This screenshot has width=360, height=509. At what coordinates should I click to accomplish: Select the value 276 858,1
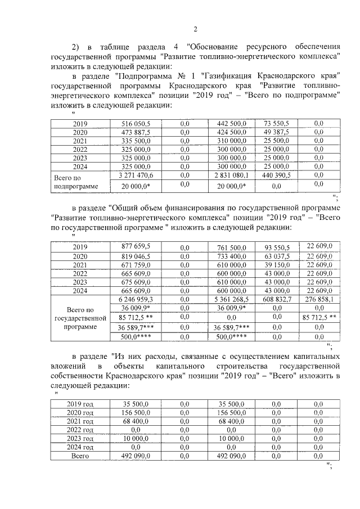tap(319, 300)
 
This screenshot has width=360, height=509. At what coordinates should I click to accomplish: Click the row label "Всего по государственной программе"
tap(79, 318)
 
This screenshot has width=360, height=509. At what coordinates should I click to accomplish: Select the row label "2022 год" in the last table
tap(80, 429)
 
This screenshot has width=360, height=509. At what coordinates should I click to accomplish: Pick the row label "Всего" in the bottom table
tap(80, 456)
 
